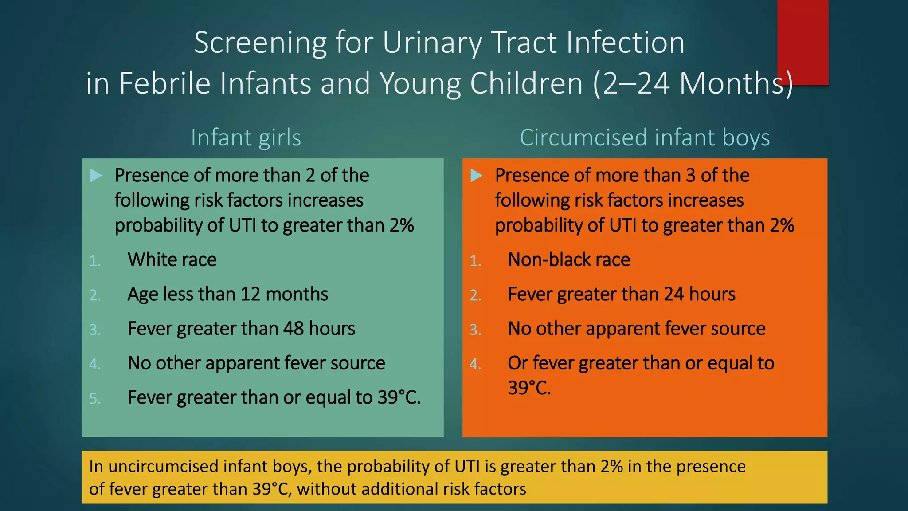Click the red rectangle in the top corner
[802, 42]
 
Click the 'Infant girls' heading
[246, 138]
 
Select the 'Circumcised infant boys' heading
[645, 138]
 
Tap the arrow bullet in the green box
[96, 176]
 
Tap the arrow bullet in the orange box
[476, 176]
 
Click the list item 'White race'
[172, 259]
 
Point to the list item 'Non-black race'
[569, 259]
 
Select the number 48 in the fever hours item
[293, 329]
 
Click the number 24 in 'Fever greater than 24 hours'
[674, 294]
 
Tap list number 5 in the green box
[94, 398]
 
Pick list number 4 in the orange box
[475, 364]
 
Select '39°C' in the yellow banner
[271, 489]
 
